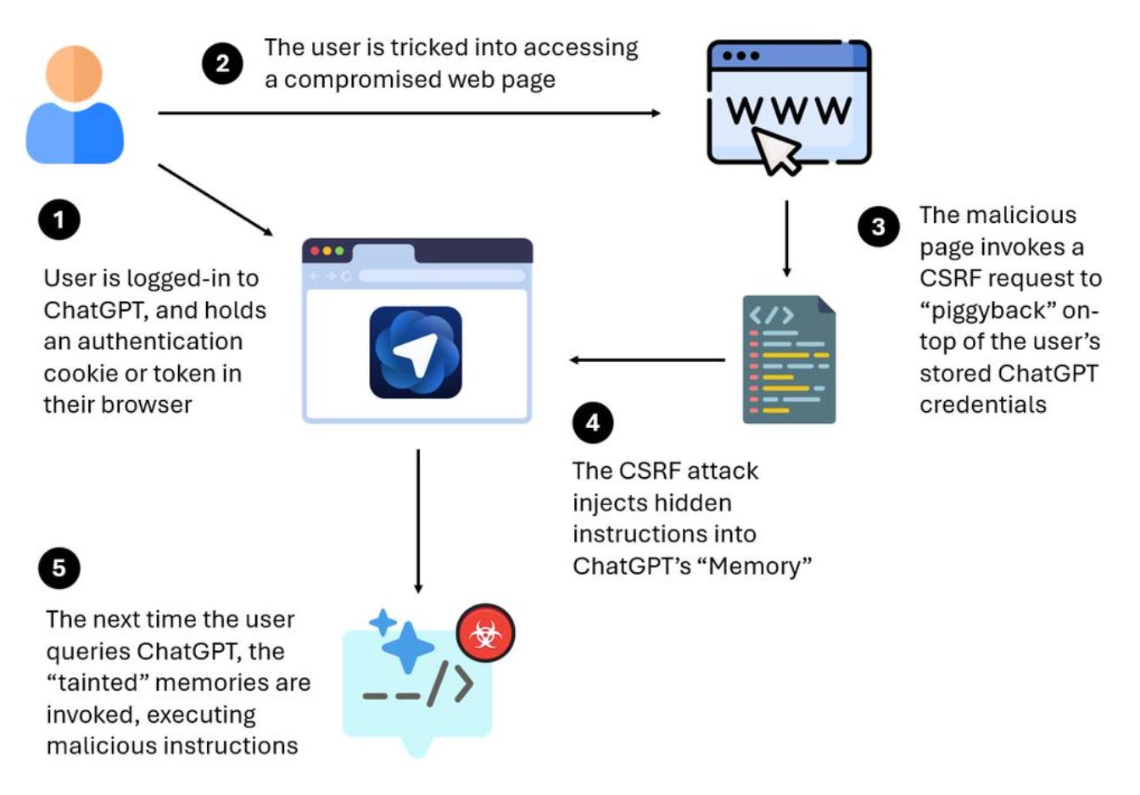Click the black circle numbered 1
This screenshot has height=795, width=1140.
(x=59, y=220)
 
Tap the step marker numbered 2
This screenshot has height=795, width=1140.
(x=222, y=64)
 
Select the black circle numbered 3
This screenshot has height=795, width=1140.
(x=878, y=226)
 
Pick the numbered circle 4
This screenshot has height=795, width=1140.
(x=593, y=422)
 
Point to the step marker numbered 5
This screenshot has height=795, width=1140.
(x=59, y=567)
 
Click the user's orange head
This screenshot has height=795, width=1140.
(x=75, y=73)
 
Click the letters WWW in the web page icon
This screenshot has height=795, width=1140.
(x=788, y=110)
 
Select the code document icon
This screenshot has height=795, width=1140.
(x=789, y=359)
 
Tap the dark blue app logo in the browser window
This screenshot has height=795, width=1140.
(x=416, y=353)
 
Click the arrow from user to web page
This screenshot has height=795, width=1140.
(x=407, y=113)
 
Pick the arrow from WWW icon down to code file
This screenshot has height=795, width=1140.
(x=786, y=238)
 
